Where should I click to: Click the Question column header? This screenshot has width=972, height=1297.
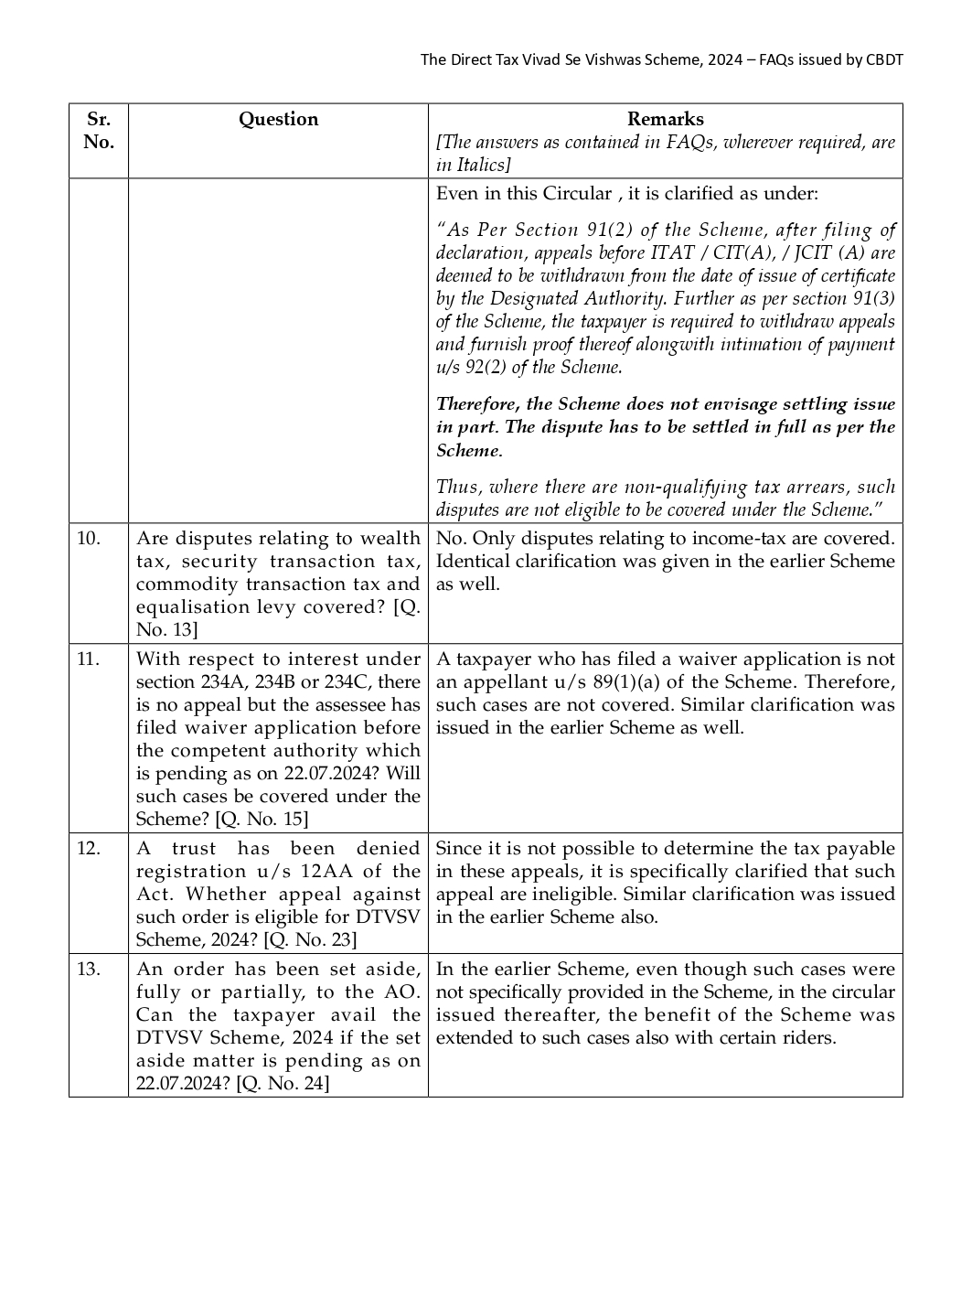pos(278,119)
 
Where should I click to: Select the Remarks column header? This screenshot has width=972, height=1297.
pos(665,119)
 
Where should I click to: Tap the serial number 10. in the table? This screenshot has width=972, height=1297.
pos(88,538)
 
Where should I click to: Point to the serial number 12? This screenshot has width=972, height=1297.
pos(88,848)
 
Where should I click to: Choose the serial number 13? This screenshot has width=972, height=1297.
pos(88,969)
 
